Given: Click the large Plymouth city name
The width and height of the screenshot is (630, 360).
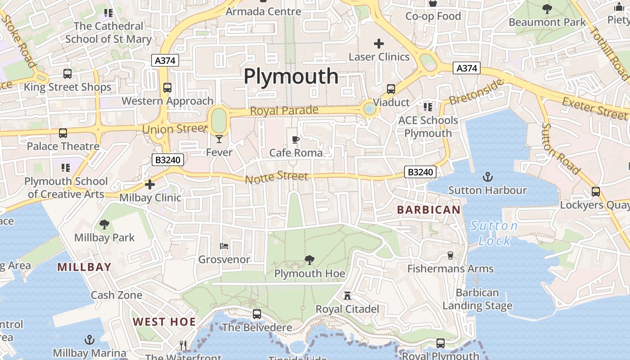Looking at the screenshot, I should pos(291,76).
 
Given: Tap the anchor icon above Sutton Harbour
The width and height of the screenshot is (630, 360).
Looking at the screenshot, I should pos(488,177).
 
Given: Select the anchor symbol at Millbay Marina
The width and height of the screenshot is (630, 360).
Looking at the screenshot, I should pos(90,339).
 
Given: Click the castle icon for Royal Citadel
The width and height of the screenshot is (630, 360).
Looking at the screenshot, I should pos(347,296).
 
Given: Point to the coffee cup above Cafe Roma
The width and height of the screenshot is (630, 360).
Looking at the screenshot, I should pos(296,140).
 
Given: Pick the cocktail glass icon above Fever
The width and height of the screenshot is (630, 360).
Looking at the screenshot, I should pos(219,139).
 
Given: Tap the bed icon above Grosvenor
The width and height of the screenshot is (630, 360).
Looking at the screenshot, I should pos(224,246).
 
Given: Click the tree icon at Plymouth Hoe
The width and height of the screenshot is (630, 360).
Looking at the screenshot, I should pos(309,260).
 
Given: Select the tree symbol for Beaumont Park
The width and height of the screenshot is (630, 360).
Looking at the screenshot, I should pos(547,9).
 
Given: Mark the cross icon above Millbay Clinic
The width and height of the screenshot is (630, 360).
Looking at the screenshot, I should pos(150,184).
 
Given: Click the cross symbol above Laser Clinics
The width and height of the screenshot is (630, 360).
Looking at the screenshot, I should pos(379,44).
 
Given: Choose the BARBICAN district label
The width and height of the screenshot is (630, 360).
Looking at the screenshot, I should pos(429,210).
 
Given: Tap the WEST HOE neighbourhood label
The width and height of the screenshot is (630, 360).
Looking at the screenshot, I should pos(164,322).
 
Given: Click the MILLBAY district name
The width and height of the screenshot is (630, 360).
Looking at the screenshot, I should pos(84,267).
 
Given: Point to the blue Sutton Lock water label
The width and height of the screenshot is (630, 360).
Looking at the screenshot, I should pos(494,233).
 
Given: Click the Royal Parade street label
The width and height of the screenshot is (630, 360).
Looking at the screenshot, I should pos(284,110).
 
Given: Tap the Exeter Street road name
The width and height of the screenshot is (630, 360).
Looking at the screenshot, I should pos(594,108).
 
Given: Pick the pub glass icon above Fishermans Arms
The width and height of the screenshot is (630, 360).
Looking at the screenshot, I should pos(450,256).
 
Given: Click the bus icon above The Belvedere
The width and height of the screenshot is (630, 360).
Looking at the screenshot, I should pos(257,314).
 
